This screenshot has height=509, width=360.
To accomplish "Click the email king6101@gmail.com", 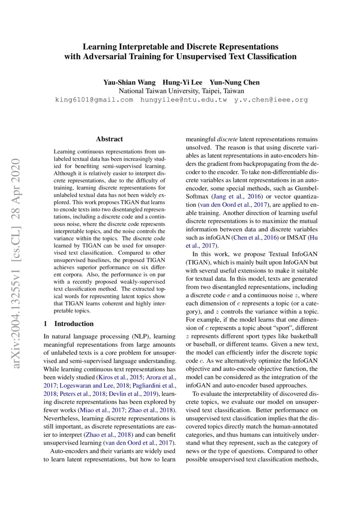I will (94, 100).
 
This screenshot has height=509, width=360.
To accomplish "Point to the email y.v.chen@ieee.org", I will (271, 100).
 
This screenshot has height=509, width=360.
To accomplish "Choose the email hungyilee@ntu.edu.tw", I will (183, 100).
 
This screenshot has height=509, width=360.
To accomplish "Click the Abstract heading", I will (109, 139).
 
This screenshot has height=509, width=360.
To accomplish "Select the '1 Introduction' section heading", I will (69, 324).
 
